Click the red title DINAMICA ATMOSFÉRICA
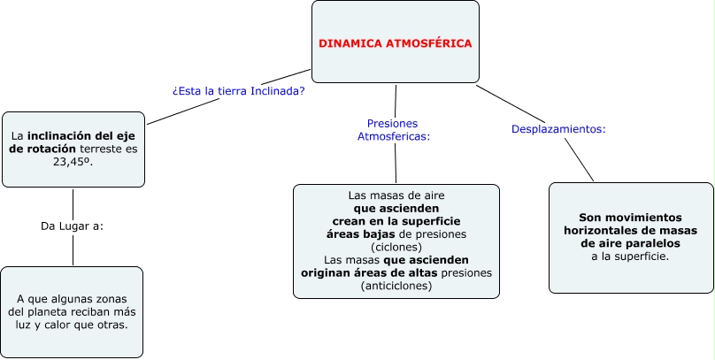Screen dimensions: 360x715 point(395,43)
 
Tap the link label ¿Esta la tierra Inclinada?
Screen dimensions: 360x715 point(239,90)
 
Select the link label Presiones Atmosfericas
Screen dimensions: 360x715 point(393,130)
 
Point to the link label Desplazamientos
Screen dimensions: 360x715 point(558,129)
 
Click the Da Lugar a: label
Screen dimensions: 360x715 point(73,226)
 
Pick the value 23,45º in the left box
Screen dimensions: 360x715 point(73,163)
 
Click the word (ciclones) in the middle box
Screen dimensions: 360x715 point(396,247)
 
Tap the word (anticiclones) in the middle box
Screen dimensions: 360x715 point(396,286)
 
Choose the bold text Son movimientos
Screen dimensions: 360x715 point(630,217)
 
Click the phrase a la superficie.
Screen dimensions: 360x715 point(630,256)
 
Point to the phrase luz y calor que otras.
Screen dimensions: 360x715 point(73,325)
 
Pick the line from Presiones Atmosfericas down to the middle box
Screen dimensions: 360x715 point(395,163)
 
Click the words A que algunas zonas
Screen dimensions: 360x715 point(73,299)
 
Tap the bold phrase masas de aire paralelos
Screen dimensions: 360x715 point(630,242)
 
